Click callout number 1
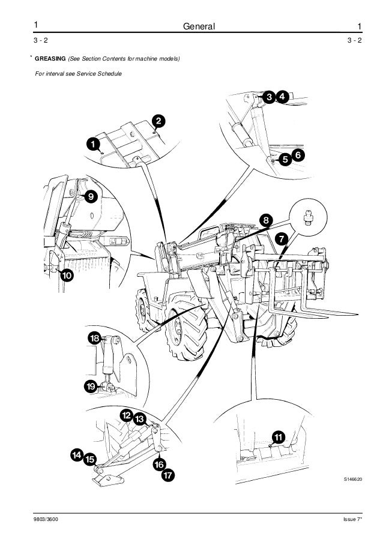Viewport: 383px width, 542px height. coord(92,144)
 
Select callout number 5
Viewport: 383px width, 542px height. coord(285,159)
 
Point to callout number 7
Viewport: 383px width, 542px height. coord(280,239)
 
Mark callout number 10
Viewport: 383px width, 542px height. coord(65,276)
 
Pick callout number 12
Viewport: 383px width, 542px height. coord(126,415)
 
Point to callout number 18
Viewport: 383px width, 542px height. coord(95,339)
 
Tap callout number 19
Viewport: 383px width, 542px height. coord(91,387)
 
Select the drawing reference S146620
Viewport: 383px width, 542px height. coord(353,480)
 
